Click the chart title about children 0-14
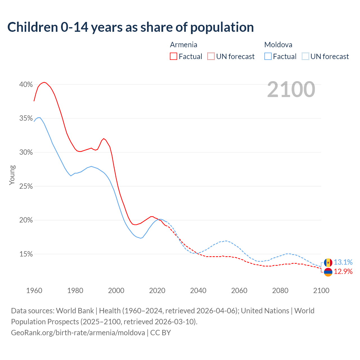tap(130, 27)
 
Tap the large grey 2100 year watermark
tap(291, 89)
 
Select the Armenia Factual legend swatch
tap(174, 56)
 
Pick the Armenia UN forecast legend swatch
tap(211, 56)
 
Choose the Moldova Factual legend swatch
tap(268, 56)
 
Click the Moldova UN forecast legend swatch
tap(305, 56)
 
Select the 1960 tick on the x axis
tap(34, 291)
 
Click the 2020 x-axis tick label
tap(157, 291)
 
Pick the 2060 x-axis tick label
tap(239, 291)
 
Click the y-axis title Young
tap(12, 175)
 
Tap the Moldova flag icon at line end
tap(328, 263)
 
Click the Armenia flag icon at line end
tap(328, 272)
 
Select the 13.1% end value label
tap(343, 262)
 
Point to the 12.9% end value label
tap(343, 271)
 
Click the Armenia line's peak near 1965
tap(44, 82)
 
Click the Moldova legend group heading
tap(278, 45)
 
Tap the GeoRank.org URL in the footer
tap(78, 332)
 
